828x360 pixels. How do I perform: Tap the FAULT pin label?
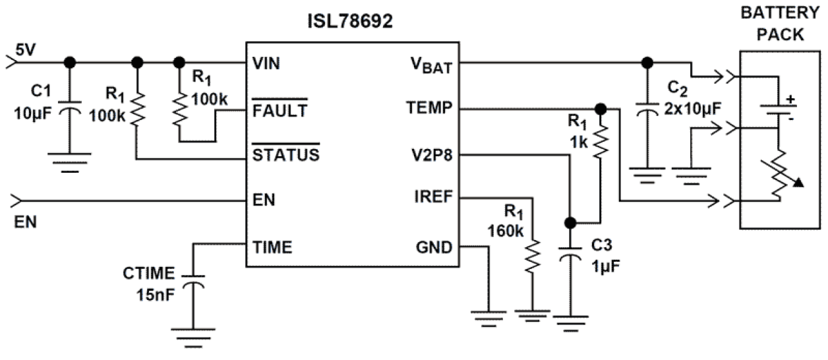pyautogui.click(x=279, y=110)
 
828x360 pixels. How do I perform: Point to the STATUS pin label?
pyautogui.click(x=285, y=156)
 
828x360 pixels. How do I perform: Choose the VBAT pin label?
pyautogui.click(x=430, y=64)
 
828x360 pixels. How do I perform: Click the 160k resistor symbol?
pyautogui.click(x=533, y=258)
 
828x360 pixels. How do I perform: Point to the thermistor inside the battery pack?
pyautogui.click(x=779, y=175)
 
